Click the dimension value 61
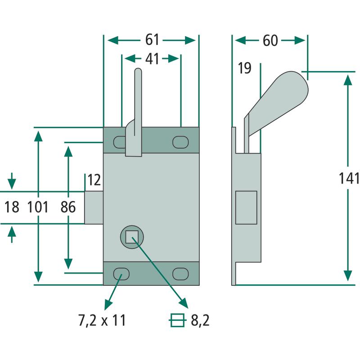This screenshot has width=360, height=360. pos(152,40)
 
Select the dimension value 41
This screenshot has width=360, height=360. pos(152,58)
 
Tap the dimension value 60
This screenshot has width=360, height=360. pos(270,40)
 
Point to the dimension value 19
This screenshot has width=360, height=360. pos(244,68)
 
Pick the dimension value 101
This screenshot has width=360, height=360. pos(38,207)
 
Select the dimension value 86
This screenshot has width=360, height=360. pos(67,207)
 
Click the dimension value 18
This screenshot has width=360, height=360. pos(12,207)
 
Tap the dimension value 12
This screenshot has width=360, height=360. pos(94,180)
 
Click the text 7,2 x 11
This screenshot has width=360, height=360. pos(102,320)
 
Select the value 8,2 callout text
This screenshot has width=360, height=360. pos(200,320)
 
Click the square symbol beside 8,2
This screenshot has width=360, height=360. pos(177,320)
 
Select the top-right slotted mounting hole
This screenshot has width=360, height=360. pos(180,142)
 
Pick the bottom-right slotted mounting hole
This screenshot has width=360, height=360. pos(180,273)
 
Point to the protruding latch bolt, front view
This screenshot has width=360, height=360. pos(94,207)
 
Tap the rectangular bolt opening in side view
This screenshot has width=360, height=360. pos(246,207)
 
